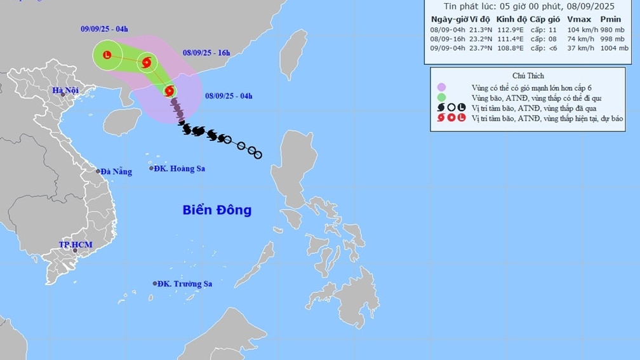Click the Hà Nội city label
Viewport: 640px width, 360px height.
click(x=65, y=91)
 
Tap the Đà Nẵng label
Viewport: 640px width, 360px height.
click(x=116, y=171)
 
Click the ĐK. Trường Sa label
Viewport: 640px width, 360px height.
click(x=184, y=284)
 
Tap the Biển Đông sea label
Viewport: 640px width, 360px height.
click(x=217, y=210)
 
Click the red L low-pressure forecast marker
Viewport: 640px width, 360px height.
click(x=107, y=55)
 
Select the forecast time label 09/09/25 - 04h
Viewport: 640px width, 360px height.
click(x=105, y=29)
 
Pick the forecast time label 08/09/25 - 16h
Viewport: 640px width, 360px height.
click(x=206, y=53)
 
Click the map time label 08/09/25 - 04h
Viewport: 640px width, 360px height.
click(x=229, y=96)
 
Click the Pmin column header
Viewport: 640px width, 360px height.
click(x=610, y=19)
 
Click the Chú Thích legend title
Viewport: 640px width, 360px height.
click(x=528, y=76)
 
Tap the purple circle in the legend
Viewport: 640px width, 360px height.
click(x=441, y=87)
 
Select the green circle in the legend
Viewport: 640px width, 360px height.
click(x=441, y=98)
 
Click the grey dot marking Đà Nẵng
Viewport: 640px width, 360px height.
click(x=98, y=171)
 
